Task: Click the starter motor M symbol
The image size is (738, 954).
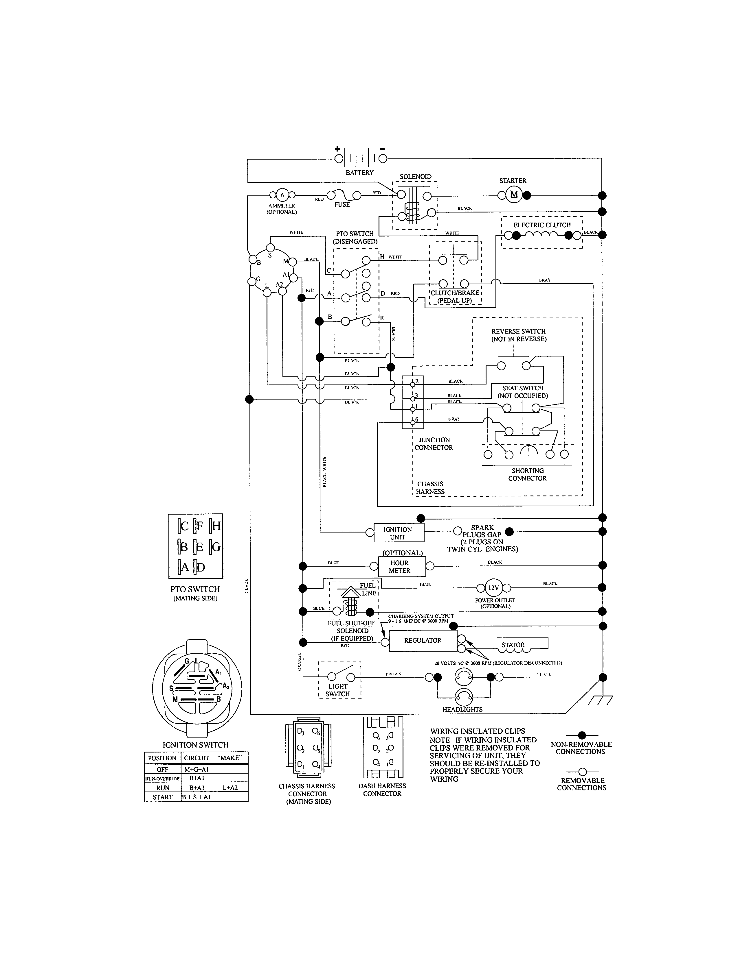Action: [514, 195]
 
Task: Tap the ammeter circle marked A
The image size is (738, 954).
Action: [282, 195]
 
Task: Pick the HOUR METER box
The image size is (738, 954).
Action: [400, 567]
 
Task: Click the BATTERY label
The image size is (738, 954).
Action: [359, 173]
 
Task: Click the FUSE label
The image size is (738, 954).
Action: [342, 204]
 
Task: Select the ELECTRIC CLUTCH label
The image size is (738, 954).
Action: [542, 225]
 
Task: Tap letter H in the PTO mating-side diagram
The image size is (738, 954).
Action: [216, 526]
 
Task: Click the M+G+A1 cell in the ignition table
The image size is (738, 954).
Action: [196, 769]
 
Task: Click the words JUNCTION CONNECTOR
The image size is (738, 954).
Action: [434, 444]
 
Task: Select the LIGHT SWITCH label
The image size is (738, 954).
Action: [337, 690]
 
